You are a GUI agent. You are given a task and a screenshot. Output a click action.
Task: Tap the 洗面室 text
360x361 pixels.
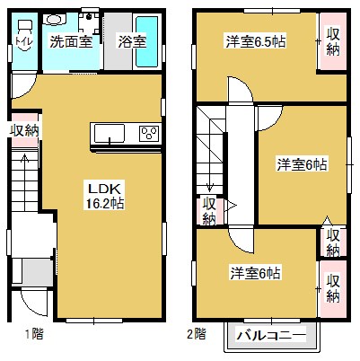[68, 40]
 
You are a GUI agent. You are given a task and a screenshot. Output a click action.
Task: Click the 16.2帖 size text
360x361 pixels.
[98, 204]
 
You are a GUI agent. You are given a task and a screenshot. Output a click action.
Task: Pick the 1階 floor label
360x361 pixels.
[32, 334]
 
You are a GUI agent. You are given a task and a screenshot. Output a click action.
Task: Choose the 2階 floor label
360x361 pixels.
[197, 334]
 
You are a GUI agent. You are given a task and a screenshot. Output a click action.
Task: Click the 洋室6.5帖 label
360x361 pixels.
[250, 40]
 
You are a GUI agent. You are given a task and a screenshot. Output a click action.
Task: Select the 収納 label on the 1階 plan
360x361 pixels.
[24, 131]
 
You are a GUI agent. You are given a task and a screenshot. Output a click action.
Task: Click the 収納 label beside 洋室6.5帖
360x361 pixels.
[333, 40]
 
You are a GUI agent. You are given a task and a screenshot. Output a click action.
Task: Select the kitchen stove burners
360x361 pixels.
[148, 136]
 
